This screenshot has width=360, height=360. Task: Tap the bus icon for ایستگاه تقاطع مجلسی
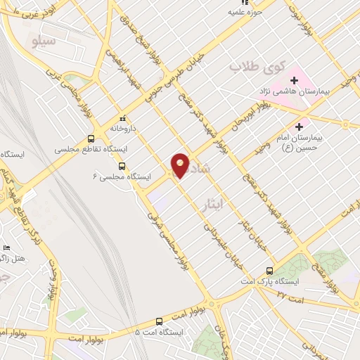[91, 139]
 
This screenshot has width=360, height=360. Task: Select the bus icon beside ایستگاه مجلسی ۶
[122, 167]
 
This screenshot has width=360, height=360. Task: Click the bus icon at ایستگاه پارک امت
[270, 271]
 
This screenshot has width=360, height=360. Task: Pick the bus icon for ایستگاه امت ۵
[160, 321]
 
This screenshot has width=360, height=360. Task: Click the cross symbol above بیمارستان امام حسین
[300, 127]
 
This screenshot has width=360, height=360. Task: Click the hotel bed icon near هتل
[7, 248]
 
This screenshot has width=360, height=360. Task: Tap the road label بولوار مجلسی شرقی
[163, 232]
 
